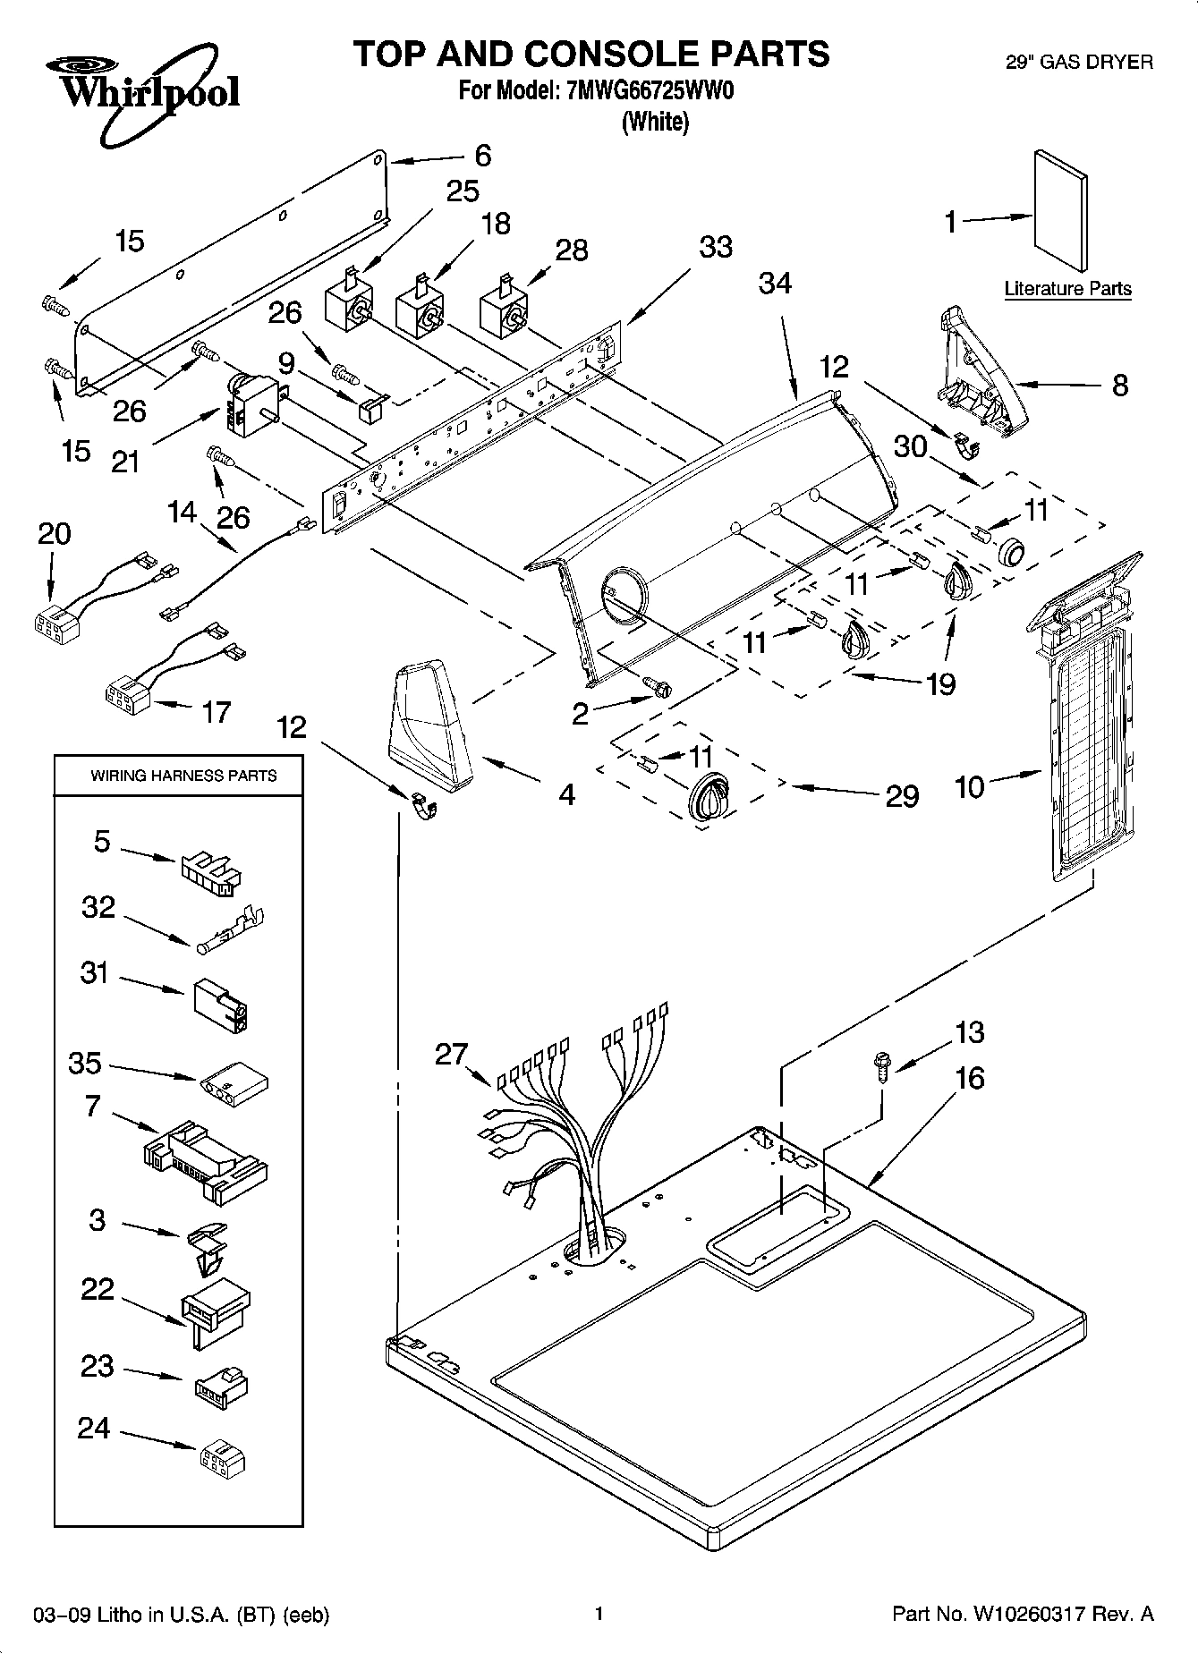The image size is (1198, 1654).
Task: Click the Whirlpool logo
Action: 142,94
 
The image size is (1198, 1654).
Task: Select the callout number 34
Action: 775,284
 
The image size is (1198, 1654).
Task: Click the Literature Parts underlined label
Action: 1067,289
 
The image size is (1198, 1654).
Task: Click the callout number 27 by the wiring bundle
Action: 451,1055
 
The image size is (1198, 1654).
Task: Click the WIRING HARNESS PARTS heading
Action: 183,776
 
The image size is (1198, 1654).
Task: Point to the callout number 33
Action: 715,247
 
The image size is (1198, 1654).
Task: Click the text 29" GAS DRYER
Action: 1079,62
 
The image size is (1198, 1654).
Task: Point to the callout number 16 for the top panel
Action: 969,1078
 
